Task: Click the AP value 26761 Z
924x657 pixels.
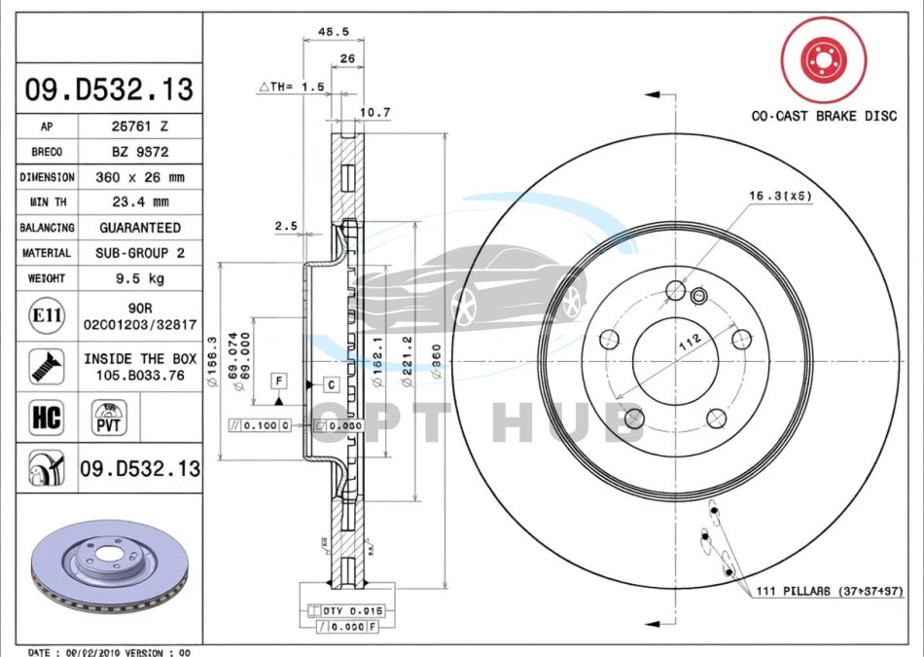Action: tap(140, 126)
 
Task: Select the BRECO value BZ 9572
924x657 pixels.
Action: tap(140, 151)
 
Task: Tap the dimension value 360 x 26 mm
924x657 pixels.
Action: tap(140, 177)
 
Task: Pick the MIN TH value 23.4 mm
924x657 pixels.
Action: tap(140, 202)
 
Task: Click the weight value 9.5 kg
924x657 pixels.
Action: tap(140, 278)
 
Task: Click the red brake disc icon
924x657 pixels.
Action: tap(824, 60)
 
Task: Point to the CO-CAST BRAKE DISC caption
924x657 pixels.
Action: tap(824, 116)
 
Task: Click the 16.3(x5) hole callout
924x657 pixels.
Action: tap(780, 196)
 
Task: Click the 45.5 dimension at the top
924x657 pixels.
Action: tap(334, 32)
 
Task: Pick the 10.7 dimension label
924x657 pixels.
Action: tap(374, 113)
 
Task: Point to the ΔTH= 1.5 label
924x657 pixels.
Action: tap(291, 87)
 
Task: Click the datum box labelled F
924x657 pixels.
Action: tap(278, 379)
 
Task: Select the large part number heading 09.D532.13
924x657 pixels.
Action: tap(109, 90)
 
